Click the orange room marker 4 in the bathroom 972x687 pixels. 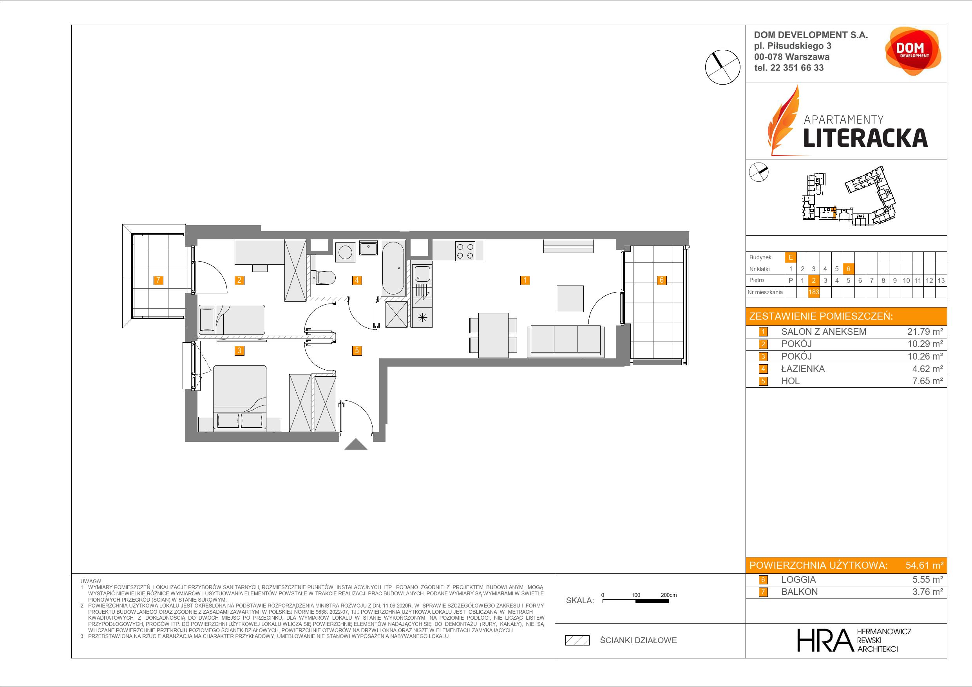pos(357,280)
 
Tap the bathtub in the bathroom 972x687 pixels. pos(394,268)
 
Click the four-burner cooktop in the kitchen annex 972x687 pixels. pos(465,250)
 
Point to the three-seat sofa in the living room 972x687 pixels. pos(566,341)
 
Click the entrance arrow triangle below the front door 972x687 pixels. pos(356,444)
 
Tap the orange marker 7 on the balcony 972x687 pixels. pos(158,280)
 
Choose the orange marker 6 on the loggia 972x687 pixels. pos(661,280)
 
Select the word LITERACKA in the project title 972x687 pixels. pos(865,138)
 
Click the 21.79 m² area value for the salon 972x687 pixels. pos(925,332)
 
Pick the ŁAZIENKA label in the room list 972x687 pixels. pos(803,369)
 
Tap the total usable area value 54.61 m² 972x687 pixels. pos(924,565)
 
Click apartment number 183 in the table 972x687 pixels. pos(814,292)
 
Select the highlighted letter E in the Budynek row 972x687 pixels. pos(790,257)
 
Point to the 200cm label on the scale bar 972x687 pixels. pos(668,595)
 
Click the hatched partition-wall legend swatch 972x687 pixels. pos(577,640)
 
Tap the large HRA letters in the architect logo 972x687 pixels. pos(825,640)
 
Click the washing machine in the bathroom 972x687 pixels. pos(346,252)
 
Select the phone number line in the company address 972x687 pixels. pos(789,68)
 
